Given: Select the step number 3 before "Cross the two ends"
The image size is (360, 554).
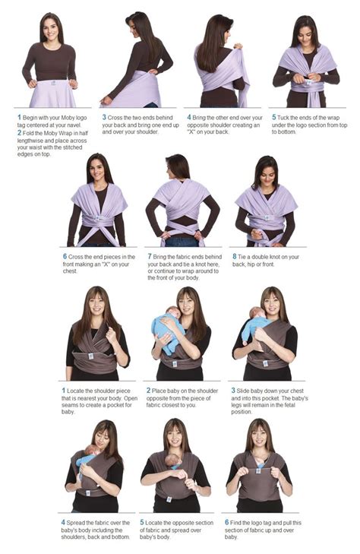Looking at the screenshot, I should coord(103,118).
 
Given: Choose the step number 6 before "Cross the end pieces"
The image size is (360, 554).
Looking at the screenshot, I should coord(65,257).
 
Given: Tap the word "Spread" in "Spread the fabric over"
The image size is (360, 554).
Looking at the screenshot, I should coord(77,523).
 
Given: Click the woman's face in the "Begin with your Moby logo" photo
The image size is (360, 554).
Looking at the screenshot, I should coord(52,30).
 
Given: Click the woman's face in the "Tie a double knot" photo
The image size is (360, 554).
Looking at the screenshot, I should coord(266,173).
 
